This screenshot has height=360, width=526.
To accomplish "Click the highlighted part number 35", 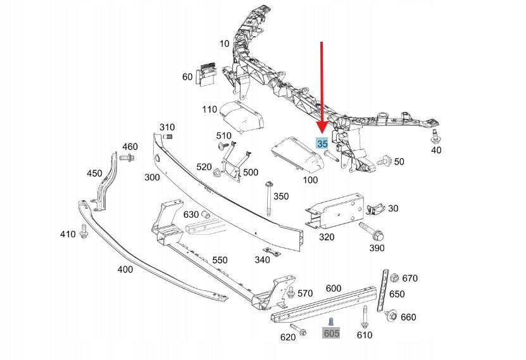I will pyautogui.click(x=322, y=144).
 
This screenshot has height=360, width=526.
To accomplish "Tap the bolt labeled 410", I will pyautogui.click(x=84, y=232).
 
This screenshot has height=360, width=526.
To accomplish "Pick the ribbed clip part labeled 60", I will pyautogui.click(x=206, y=75).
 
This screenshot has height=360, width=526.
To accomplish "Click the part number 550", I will pyautogui.click(x=219, y=260).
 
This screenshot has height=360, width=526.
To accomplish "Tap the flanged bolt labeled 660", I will pyautogui.click(x=391, y=315).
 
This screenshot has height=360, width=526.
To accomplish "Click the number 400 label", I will pyautogui.click(x=125, y=270).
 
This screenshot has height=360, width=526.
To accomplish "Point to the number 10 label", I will pyautogui.click(x=225, y=44).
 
